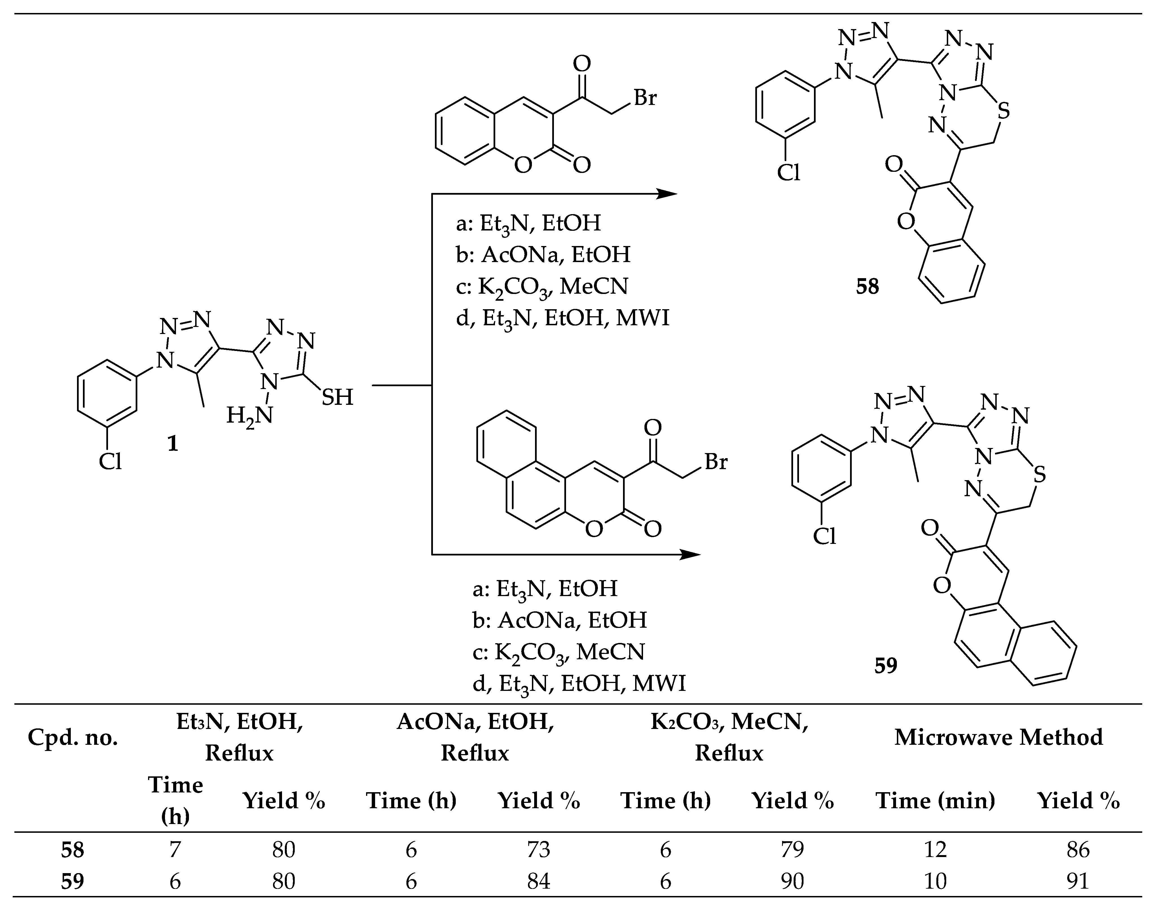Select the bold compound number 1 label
(x=173, y=443)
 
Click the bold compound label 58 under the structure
(x=867, y=287)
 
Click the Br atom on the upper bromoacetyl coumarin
(x=645, y=98)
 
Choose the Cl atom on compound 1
(x=111, y=462)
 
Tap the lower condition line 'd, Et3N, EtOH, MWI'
(x=579, y=683)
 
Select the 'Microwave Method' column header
(x=998, y=737)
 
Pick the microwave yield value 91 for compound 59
(x=1078, y=881)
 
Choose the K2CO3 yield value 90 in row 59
(x=793, y=881)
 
